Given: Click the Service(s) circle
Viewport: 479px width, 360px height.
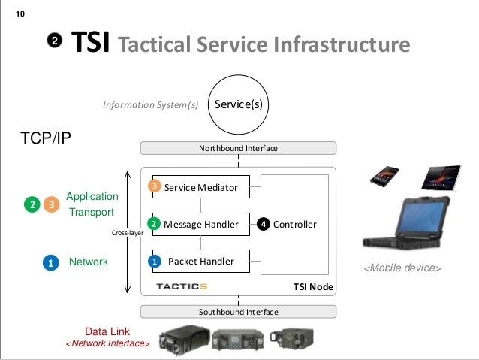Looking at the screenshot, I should click(238, 104).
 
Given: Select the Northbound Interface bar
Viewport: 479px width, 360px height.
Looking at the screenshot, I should click(237, 149).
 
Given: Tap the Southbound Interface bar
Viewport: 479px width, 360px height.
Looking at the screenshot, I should click(237, 311).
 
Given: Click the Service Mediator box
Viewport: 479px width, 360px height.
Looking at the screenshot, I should click(200, 187).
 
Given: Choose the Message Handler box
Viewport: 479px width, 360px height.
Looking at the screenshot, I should click(200, 224).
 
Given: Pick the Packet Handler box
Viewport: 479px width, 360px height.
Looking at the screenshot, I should click(200, 262).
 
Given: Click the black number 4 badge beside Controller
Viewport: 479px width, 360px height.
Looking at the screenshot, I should click(263, 224).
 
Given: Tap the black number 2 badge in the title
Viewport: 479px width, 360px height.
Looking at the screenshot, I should click(55, 41).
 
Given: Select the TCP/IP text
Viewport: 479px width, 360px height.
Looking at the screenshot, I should click(44, 138).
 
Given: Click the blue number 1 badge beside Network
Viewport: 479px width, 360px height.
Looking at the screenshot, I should click(50, 262).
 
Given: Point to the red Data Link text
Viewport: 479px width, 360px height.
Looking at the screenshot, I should click(108, 331).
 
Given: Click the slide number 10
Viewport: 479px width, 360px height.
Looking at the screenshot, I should click(20, 14).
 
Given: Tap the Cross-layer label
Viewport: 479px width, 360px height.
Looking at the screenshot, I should click(128, 233).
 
